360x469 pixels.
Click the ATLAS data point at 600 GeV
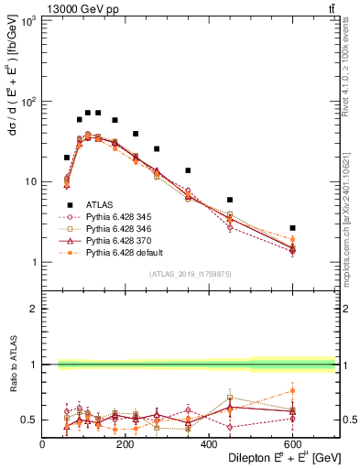tap(293, 227)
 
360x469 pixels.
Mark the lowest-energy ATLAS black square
tap(67, 158)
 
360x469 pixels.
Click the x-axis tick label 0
tap(43, 444)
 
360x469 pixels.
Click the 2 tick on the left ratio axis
tap(35, 310)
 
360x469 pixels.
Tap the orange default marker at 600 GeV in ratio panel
tap(293, 391)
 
